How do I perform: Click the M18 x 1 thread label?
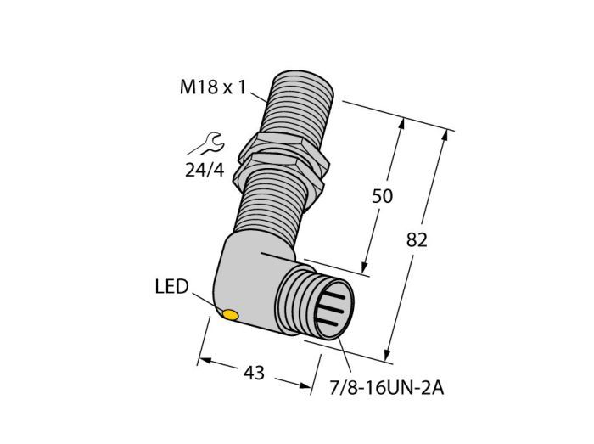(x=213, y=88)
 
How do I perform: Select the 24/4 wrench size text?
(x=205, y=170)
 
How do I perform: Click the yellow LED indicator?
(x=230, y=315)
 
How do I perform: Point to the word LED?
(x=171, y=287)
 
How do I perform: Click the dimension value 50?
(x=382, y=196)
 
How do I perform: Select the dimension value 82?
(x=417, y=240)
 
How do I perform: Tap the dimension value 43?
(x=254, y=374)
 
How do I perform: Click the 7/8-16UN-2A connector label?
(x=386, y=388)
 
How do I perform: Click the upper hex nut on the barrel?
(x=283, y=144)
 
